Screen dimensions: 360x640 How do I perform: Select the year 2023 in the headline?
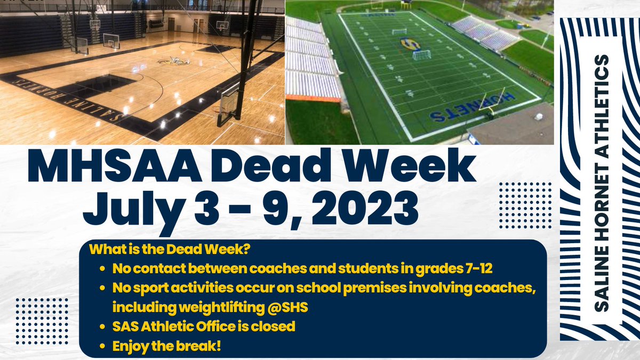[357, 209]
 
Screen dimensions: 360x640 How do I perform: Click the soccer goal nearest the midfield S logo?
[422, 54]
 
